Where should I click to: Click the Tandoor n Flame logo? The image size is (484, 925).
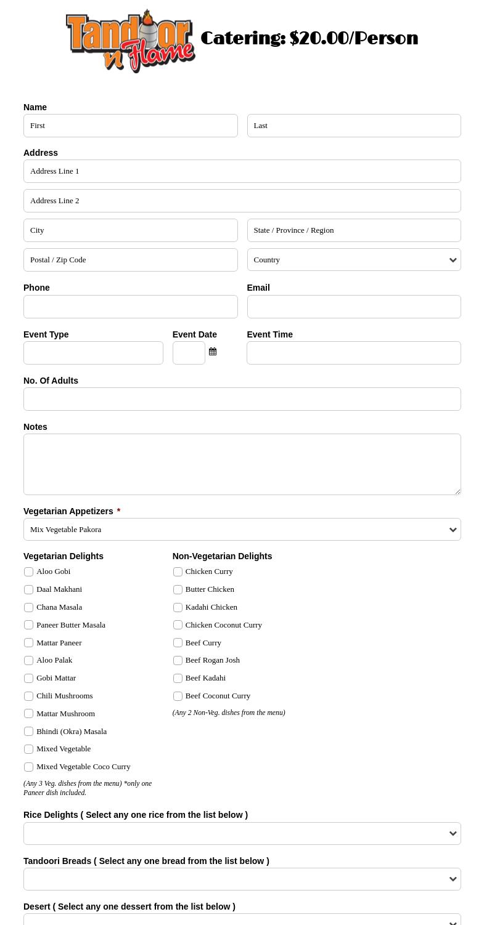[x=130, y=41]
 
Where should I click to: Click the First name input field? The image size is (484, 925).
[x=130, y=126]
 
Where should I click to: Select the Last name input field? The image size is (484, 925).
[x=353, y=126]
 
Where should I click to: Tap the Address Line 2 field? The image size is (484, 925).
[x=242, y=201]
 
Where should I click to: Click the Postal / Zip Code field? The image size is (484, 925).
[x=130, y=260]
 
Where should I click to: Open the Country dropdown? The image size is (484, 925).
[x=353, y=260]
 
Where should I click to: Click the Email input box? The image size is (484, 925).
[x=353, y=307]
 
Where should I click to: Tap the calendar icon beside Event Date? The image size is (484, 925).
[x=213, y=352]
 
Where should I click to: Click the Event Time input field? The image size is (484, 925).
[x=353, y=353]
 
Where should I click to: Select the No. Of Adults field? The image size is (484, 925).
[x=242, y=399]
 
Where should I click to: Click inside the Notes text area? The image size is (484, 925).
[x=242, y=464]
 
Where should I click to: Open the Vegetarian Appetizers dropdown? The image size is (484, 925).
[x=242, y=530]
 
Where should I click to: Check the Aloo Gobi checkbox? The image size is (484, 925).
[x=29, y=572]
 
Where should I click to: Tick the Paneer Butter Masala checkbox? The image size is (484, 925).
[x=29, y=625]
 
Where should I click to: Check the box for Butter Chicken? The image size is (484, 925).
[x=178, y=590]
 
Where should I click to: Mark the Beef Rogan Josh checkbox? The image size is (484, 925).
[x=178, y=661]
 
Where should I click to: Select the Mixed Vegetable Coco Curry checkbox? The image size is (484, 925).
[x=29, y=767]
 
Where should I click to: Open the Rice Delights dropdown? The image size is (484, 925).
[x=242, y=834]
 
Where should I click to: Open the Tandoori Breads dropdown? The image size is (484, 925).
[x=242, y=879]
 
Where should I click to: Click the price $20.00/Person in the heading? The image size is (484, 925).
[x=353, y=38]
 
